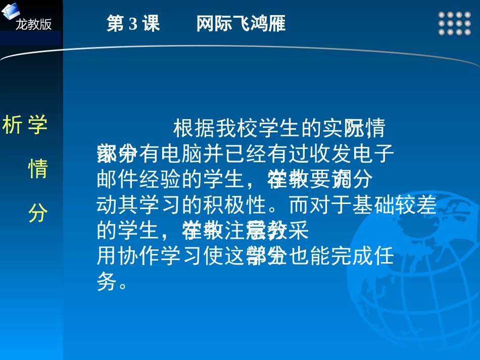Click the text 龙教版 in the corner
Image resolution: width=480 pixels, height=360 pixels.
point(33,24)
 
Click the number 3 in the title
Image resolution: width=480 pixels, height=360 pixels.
point(133,24)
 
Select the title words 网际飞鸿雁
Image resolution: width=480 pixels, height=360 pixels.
point(241,24)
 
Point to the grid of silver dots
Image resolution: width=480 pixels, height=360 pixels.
point(451,24)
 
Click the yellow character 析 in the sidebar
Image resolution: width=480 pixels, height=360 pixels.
point(12,125)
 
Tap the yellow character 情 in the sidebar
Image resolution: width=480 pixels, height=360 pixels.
point(37,169)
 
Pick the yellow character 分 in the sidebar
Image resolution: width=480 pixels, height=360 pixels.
point(37,214)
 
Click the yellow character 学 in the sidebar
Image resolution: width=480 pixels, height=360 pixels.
point(37,125)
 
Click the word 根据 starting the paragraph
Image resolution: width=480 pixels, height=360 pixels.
point(194,128)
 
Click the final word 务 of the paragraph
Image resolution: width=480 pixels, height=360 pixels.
point(106,282)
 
